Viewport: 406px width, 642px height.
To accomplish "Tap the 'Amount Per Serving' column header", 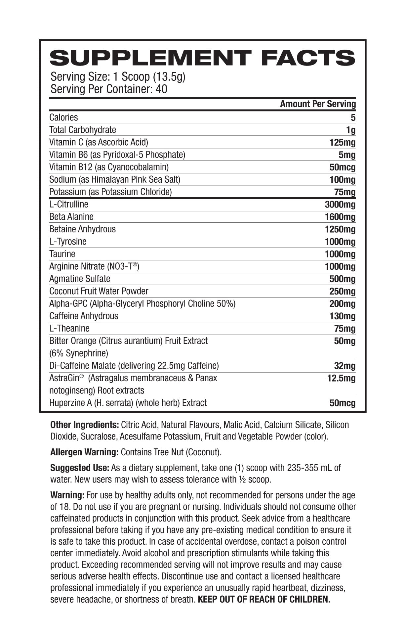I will click(318, 104).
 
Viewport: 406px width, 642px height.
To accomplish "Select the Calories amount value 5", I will click(353, 117).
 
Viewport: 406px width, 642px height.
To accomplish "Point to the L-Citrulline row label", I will click(69, 204).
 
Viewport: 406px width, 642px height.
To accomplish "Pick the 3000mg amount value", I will click(340, 205).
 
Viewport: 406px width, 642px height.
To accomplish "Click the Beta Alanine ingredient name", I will click(71, 217).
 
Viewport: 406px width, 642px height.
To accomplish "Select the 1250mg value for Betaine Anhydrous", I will click(340, 229).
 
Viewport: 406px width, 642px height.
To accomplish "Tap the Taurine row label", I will click(62, 254).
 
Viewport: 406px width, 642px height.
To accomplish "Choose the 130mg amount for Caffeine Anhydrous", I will click(342, 316).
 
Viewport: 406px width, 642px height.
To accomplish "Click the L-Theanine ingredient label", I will click(69, 328).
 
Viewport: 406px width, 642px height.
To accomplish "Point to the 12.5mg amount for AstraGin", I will click(341, 378).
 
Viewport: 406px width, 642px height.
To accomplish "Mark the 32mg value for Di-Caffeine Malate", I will click(345, 366).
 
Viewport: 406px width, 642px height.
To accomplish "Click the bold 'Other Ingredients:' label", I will click(84, 425).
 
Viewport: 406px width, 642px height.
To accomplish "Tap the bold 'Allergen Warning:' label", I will click(84, 452).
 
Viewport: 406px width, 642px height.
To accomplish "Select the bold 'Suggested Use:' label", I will click(79, 468).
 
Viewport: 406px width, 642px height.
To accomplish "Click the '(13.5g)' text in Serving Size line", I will click(169, 77).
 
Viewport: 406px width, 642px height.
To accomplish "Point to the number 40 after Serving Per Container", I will click(161, 89).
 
